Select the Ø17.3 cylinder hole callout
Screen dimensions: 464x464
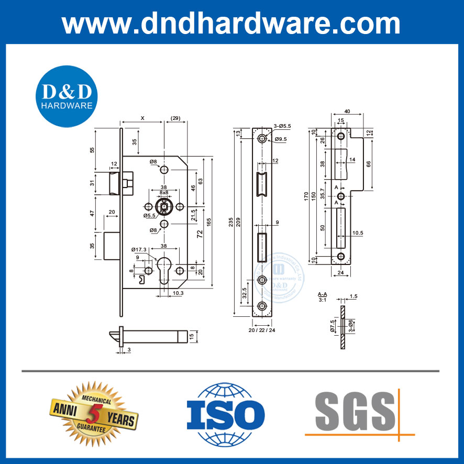(139, 249)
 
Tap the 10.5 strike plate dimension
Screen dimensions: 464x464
(358, 233)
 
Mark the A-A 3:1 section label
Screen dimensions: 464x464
(323, 297)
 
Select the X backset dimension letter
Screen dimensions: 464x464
(143, 118)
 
